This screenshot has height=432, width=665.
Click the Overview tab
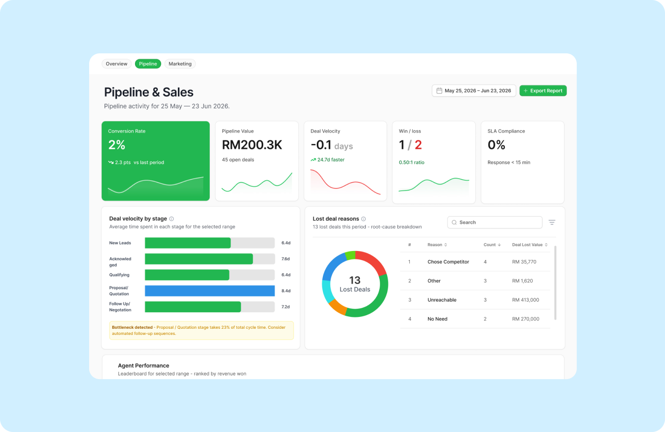(x=116, y=63)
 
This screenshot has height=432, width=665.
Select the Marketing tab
(x=180, y=63)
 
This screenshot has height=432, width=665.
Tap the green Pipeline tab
(x=148, y=63)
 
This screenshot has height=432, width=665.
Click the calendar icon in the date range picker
(x=439, y=91)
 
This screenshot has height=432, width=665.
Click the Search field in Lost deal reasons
(x=495, y=222)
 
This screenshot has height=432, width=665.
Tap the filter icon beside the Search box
(x=552, y=222)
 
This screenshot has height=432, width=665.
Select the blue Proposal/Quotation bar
(x=210, y=291)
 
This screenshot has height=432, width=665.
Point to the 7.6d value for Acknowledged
(x=286, y=259)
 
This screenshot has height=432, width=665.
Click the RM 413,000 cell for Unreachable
(x=526, y=300)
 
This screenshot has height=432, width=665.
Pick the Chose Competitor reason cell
(x=448, y=262)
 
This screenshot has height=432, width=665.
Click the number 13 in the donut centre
(x=355, y=280)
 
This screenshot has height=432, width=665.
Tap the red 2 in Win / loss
(x=418, y=145)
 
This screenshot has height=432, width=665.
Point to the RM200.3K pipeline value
(x=252, y=145)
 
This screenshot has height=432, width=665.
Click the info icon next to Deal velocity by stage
(x=172, y=219)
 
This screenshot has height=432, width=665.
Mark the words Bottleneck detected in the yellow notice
(x=132, y=327)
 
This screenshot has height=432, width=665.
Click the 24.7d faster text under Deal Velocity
(x=331, y=160)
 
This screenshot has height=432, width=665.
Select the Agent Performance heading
(x=143, y=366)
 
